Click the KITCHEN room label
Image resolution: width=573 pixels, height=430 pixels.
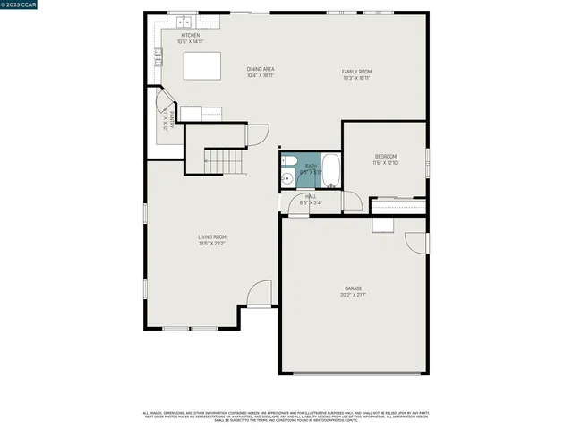pos(190,35)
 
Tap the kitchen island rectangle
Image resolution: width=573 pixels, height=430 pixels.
pos(202,66)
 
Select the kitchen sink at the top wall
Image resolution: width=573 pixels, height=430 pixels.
pos(185,21)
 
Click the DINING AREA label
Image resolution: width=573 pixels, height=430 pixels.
pos(261,69)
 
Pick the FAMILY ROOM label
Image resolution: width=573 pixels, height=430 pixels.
pos(356,72)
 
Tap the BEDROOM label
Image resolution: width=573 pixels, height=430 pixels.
pos(385,157)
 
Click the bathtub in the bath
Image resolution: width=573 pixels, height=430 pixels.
pos(330,170)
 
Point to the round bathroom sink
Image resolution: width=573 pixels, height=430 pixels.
pos(286,179)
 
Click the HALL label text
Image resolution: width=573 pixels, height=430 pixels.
pos(311,196)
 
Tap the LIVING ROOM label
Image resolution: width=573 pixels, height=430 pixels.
pos(211,237)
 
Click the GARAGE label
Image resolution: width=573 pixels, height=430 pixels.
pos(354,288)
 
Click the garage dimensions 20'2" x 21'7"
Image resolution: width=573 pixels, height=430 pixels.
pos(354,295)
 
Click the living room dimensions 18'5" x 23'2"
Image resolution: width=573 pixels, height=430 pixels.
pos(211,244)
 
